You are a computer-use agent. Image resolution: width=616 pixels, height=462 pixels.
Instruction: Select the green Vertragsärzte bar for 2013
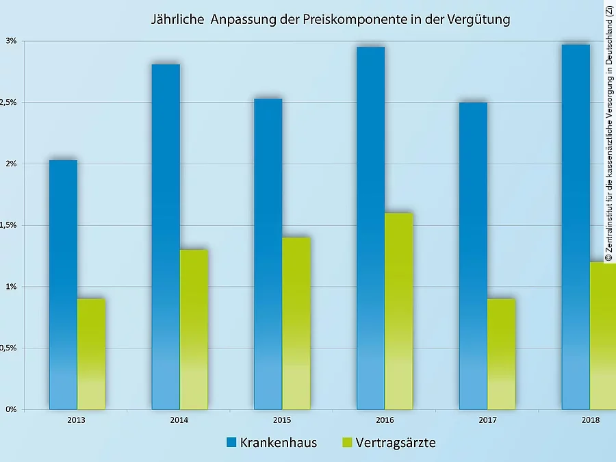click(x=91, y=354)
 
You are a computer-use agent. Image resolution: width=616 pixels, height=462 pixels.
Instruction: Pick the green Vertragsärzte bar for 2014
click(x=194, y=329)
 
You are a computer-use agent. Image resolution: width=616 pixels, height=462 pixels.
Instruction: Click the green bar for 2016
click(x=398, y=311)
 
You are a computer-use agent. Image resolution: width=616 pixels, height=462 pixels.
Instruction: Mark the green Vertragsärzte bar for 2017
click(x=501, y=354)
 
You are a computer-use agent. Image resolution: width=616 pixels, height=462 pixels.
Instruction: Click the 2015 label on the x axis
click(x=281, y=420)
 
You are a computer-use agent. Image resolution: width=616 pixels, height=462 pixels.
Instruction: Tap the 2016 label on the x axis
click(x=384, y=420)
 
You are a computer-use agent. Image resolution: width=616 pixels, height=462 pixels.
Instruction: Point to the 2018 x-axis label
click(x=589, y=420)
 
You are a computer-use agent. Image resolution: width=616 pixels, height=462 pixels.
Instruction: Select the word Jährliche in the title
click(x=177, y=20)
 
